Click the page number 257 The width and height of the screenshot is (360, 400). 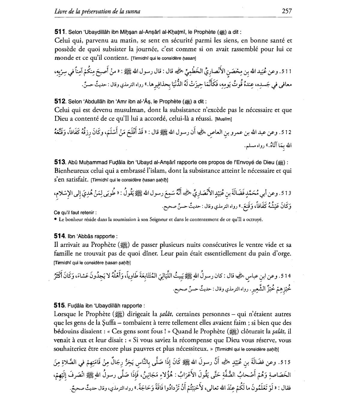[x=287, y=11]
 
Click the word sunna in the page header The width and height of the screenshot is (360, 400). [x=133, y=12]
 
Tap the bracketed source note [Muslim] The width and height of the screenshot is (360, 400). [x=223, y=119]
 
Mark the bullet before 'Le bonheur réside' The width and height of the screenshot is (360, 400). [x=56, y=220]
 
